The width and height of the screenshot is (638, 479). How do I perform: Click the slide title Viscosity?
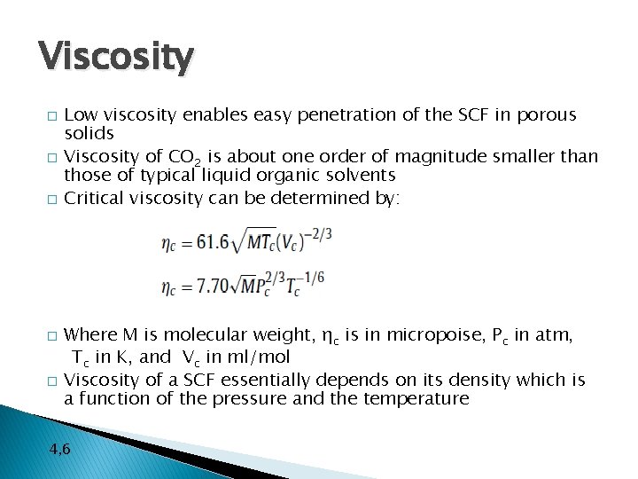coord(115,58)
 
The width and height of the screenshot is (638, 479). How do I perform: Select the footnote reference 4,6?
coord(60,450)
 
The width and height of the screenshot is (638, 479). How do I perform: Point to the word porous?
coord(546,115)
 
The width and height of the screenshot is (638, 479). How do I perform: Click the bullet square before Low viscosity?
coord(51,116)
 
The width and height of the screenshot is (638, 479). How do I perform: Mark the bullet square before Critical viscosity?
coord(51,199)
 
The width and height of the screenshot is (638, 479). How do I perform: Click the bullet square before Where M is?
coord(51,335)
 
